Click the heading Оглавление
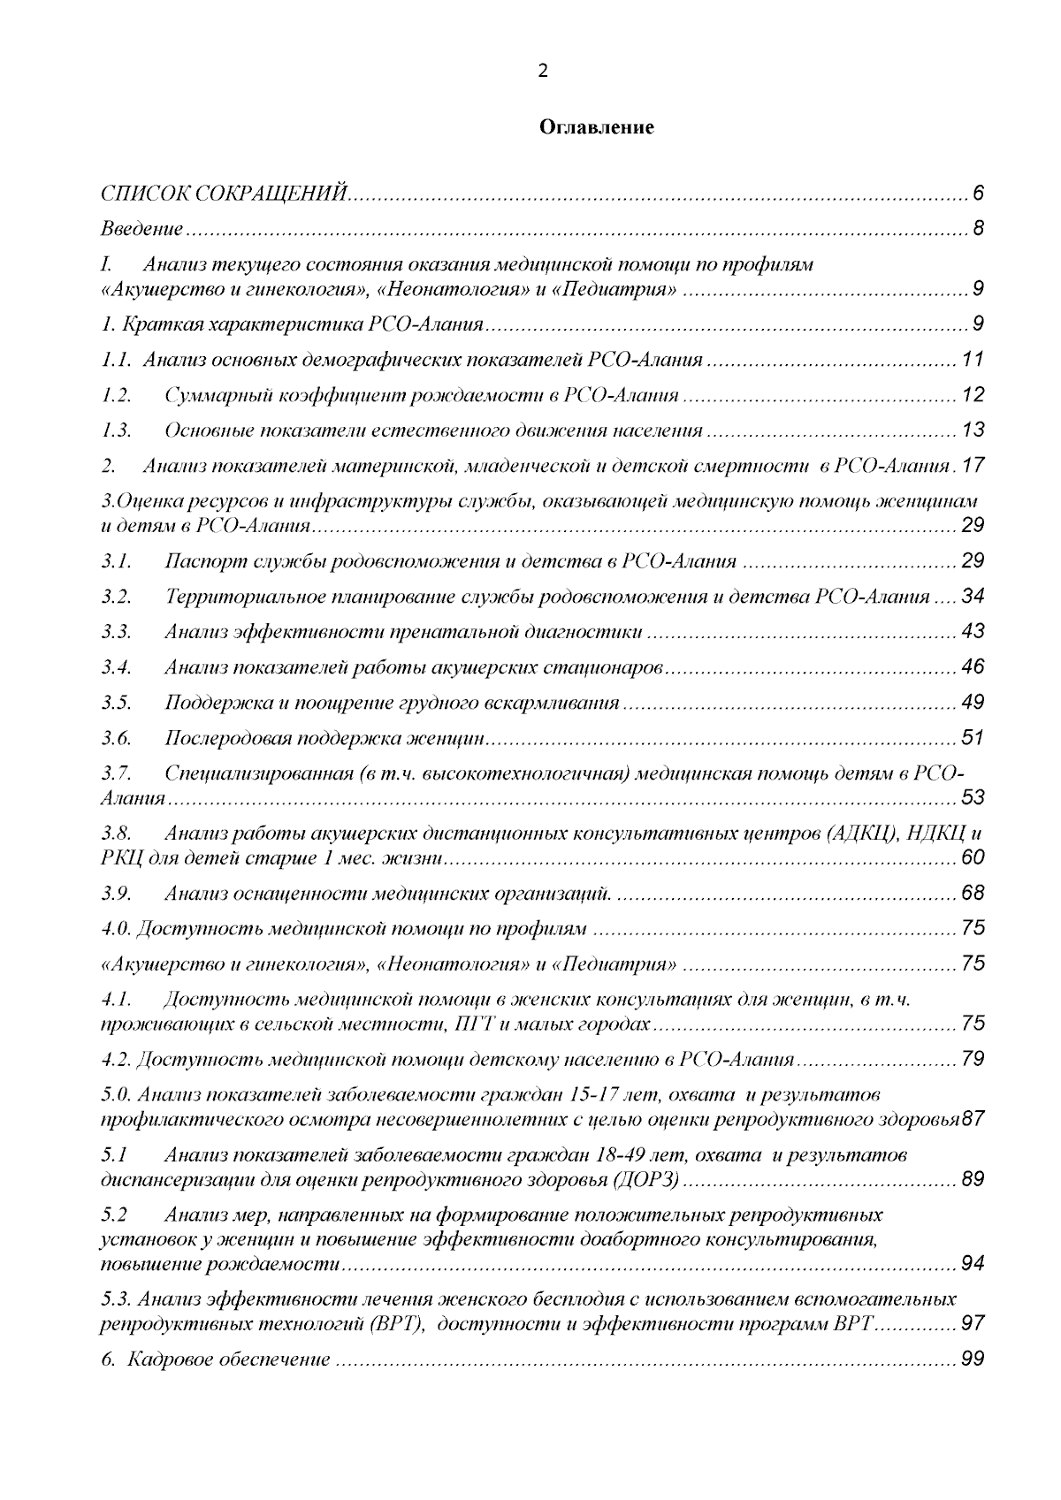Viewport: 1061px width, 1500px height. [x=597, y=128]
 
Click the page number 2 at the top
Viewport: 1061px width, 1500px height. [x=543, y=72]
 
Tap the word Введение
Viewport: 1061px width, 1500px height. [x=141, y=230]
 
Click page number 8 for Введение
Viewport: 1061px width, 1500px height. [x=978, y=230]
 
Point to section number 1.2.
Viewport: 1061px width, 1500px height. [x=116, y=395]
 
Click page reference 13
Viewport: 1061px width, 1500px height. [x=973, y=430]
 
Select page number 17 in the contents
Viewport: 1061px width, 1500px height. [x=973, y=466]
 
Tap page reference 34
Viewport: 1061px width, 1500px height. [x=973, y=597]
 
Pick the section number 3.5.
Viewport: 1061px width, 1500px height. [x=116, y=703]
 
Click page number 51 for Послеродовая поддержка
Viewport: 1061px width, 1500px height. [x=973, y=738]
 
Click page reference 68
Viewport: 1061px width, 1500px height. [x=973, y=894]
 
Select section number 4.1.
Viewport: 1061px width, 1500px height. [x=116, y=1000]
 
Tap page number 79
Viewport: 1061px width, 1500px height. [x=973, y=1059]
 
